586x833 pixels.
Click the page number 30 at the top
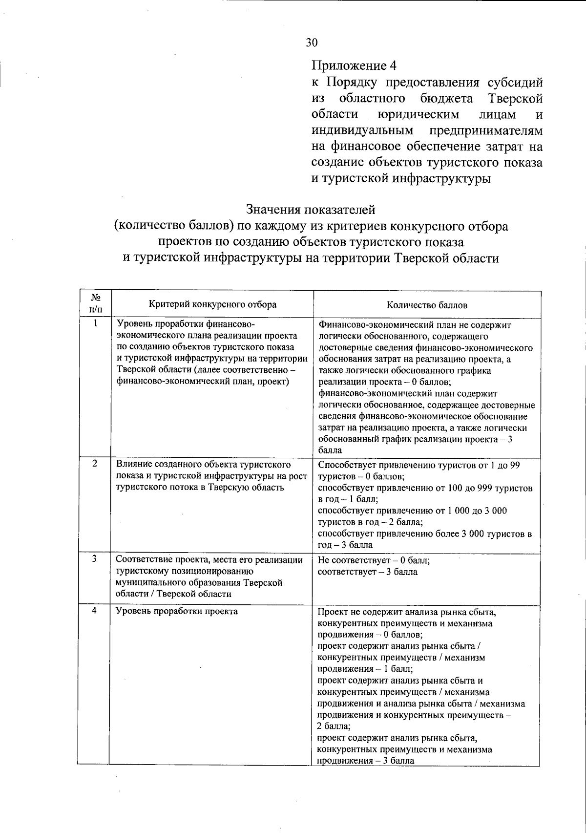click(312, 43)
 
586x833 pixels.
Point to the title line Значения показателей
click(311, 210)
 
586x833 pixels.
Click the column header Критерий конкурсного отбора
click(212, 304)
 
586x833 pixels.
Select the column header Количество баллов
click(427, 305)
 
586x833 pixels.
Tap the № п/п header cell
click(96, 304)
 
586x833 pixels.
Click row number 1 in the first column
click(96, 323)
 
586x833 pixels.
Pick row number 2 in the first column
click(95, 463)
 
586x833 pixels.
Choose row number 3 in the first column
click(94, 558)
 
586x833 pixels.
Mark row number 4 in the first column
click(94, 611)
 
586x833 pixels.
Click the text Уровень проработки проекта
click(177, 611)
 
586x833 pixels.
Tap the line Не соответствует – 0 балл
click(374, 560)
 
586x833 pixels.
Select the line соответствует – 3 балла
click(367, 572)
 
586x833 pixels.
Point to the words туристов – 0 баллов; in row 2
click(361, 476)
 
